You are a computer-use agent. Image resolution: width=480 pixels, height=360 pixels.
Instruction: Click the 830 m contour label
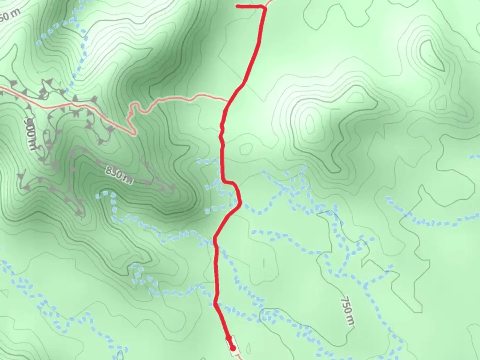tap(119, 175)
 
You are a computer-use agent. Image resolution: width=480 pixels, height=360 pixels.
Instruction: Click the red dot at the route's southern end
tap(233, 348)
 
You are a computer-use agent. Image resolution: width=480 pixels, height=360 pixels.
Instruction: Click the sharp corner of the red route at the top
tap(265, 7)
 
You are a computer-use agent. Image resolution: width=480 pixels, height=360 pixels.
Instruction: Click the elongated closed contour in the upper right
tap(432, 55)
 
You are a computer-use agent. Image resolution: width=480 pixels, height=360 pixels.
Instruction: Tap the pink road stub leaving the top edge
tap(270, 3)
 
